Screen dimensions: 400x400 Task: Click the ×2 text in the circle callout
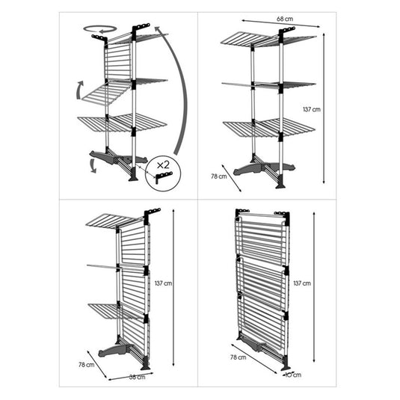[163, 165]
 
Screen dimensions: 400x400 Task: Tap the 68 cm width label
[285, 19]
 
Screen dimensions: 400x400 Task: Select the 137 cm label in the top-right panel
[312, 109]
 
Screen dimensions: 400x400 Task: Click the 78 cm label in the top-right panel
[219, 176]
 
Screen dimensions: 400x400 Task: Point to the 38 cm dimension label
[138, 377]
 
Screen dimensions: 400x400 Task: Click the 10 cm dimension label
[293, 375]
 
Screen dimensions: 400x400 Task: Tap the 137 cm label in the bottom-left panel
[163, 283]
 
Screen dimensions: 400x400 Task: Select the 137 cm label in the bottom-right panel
[302, 283]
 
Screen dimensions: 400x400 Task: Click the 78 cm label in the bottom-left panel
[87, 365]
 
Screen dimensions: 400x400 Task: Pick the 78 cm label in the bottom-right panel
[239, 357]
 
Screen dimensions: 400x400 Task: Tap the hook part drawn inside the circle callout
[164, 176]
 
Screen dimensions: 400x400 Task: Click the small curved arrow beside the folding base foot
[93, 165]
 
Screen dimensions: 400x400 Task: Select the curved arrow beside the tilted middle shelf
[79, 90]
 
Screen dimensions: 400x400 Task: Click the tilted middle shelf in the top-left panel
[106, 93]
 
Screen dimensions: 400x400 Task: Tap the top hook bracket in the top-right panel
[286, 31]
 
